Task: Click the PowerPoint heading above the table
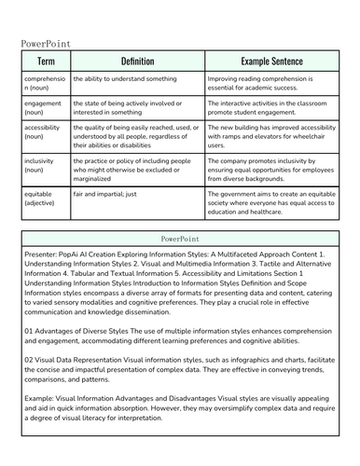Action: (46, 43)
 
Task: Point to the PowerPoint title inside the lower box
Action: (179, 239)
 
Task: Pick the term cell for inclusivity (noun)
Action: (43, 166)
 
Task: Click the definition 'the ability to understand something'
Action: (125, 80)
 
